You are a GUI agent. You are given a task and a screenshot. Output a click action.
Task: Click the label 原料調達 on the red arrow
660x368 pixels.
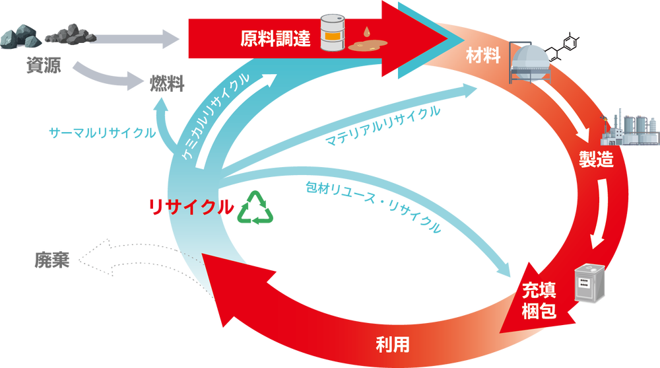tap(275, 38)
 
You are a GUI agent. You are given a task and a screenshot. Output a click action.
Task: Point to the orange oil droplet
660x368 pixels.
tap(366, 32)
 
